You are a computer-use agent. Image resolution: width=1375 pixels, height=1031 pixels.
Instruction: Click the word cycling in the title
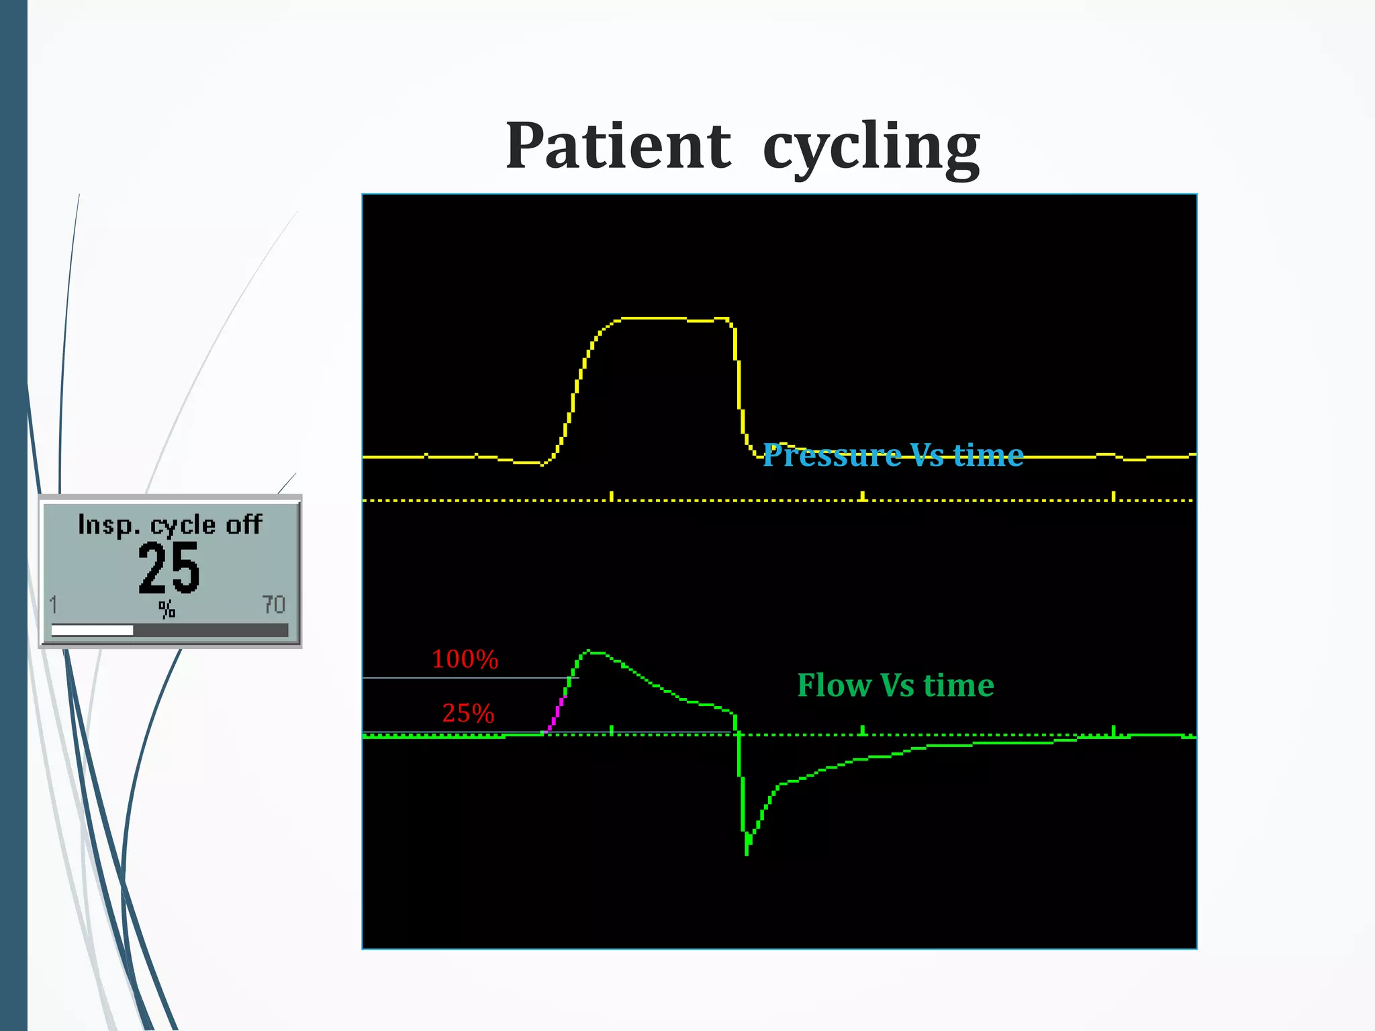[871, 148]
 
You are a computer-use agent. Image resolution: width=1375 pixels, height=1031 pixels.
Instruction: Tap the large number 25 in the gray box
[169, 568]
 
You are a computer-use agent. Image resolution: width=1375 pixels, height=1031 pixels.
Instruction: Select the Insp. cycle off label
[170, 524]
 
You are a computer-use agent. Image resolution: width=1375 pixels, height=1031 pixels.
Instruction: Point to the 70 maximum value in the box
[273, 605]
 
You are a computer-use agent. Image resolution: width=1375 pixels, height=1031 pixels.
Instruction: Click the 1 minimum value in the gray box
[54, 605]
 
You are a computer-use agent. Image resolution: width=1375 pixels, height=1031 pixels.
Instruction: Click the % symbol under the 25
[167, 609]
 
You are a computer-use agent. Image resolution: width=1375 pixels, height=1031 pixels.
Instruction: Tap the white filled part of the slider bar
[92, 630]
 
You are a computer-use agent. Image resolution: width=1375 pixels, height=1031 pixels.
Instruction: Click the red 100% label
[465, 659]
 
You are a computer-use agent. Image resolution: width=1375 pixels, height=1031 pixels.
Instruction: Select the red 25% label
[468, 713]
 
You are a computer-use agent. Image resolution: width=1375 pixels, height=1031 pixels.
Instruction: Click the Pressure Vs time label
[893, 455]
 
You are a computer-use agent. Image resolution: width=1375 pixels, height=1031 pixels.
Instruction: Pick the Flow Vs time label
[896, 685]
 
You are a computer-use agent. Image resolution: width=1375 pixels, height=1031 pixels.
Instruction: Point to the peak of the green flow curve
[589, 650]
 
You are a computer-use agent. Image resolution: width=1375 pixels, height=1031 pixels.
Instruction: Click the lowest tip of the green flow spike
[747, 852]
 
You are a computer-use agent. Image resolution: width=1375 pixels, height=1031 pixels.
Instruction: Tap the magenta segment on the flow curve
[557, 713]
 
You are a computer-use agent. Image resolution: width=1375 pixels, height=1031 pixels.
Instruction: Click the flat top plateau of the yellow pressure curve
[655, 318]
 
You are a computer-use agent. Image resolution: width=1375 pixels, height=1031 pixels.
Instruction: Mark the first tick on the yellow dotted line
[611, 496]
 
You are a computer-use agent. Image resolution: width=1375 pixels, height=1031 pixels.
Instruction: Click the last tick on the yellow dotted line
[1113, 496]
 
